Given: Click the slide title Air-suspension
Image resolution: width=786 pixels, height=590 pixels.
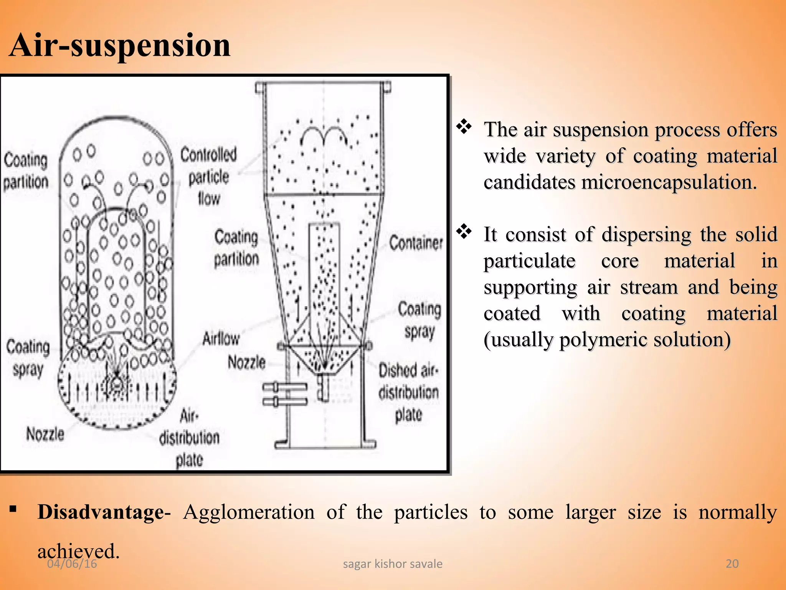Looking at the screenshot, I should (x=120, y=45).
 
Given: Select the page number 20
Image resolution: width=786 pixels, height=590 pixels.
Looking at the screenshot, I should (x=732, y=564).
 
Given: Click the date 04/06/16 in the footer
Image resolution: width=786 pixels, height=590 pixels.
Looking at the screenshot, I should (x=72, y=564).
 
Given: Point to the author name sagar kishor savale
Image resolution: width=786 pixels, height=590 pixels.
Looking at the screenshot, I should (x=392, y=564).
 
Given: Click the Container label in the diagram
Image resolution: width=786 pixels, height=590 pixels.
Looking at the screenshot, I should (x=416, y=243).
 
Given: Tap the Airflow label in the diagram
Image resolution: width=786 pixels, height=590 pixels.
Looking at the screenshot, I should (x=221, y=339).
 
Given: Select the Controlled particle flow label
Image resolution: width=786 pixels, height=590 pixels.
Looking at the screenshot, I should (x=209, y=177).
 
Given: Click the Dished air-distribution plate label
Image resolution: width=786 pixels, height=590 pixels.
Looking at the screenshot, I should (x=408, y=392).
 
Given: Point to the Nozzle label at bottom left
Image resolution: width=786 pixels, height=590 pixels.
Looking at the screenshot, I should (x=45, y=434).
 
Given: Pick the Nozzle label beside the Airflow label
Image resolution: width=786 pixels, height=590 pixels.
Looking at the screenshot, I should (x=246, y=362).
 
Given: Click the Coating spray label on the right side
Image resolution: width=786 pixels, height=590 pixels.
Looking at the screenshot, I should (x=419, y=320).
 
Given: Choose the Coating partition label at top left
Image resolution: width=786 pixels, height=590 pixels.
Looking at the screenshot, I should (x=26, y=171).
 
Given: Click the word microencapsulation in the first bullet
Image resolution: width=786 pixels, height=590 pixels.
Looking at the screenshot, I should (x=669, y=182).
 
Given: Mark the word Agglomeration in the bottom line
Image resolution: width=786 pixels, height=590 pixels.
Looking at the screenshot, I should (x=249, y=512).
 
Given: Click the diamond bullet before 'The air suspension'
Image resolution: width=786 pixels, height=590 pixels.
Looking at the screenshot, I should (x=464, y=127).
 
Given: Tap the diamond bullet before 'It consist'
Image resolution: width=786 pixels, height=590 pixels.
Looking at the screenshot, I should (x=464, y=232).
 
